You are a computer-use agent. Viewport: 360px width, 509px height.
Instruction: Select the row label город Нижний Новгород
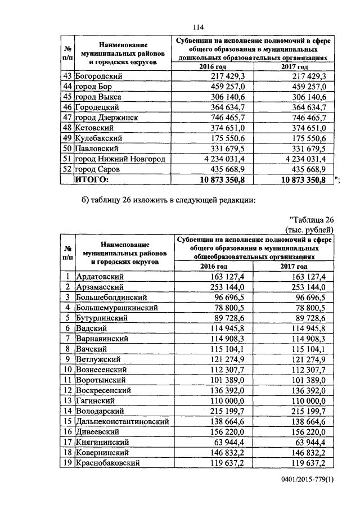[x=120, y=159]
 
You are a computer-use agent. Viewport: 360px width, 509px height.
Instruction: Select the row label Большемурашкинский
[x=116, y=308]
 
